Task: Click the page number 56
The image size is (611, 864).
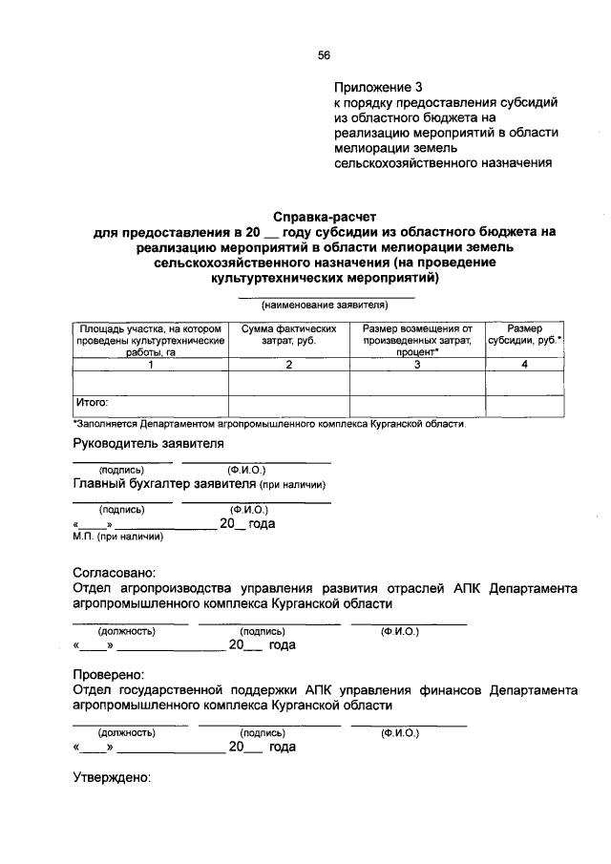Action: pos(324,55)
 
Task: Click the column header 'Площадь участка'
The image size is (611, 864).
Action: pos(150,340)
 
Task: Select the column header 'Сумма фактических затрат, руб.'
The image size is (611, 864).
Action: pos(288,334)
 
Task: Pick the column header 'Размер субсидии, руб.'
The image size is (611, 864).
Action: pos(525,334)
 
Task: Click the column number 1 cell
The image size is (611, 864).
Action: pos(150,365)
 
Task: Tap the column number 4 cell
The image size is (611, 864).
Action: pos(525,365)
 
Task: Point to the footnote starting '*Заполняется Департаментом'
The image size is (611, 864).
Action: pos(269,423)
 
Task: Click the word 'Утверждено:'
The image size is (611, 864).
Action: pos(113,777)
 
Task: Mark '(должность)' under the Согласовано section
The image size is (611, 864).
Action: pos(127,631)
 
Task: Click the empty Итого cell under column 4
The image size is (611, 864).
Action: pos(525,405)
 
